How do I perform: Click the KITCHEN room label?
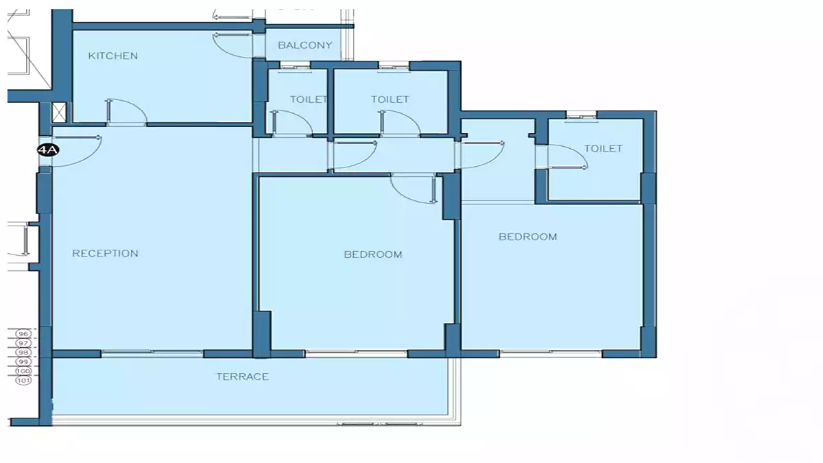pos(113,56)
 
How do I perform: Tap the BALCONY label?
pos(305,45)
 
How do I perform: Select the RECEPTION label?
pos(105,253)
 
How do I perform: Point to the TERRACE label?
pos(243,377)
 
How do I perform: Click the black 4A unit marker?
pos(48,150)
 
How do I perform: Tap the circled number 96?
pos(23,333)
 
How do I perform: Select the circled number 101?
pos(23,380)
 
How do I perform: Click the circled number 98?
pos(23,353)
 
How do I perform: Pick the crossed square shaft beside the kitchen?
pos(59,112)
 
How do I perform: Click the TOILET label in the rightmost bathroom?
pos(604,148)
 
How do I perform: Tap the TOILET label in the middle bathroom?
pos(390,99)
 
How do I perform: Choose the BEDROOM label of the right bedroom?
pos(527,237)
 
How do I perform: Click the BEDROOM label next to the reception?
pos(373,254)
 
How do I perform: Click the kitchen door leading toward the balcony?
pos(232,45)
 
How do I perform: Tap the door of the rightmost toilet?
pos(568,156)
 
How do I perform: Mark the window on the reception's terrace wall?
pos(152,353)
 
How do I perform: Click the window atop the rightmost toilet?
pos(581,116)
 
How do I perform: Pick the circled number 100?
pos(23,371)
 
